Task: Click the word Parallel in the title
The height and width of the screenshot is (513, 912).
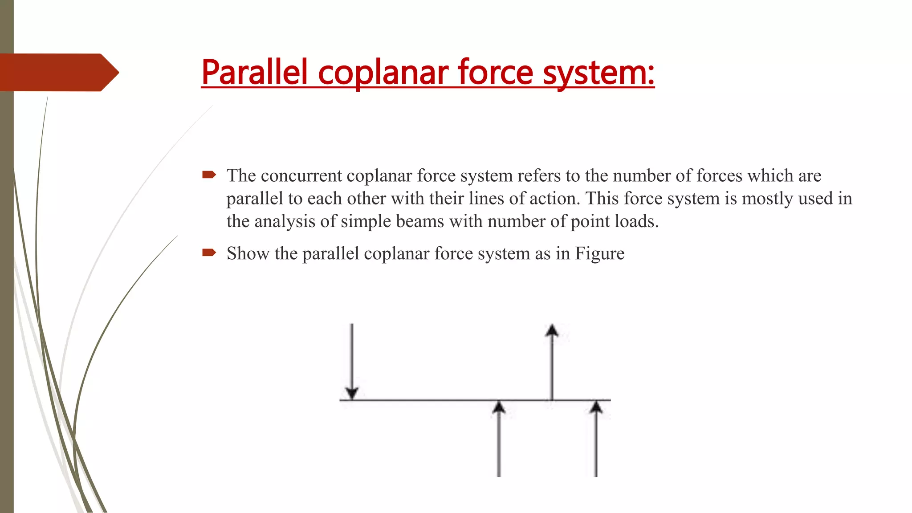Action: tap(254, 72)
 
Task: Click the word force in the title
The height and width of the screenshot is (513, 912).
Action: tap(495, 72)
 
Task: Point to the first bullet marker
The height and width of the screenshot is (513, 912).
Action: tap(209, 175)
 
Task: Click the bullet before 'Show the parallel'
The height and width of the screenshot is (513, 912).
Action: tap(209, 253)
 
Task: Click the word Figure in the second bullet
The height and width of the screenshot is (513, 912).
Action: tap(599, 254)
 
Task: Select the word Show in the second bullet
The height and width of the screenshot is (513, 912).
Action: tap(248, 253)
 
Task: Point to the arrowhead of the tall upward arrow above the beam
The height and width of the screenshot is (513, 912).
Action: tap(552, 330)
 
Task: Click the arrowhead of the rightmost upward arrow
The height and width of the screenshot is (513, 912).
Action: tap(596, 407)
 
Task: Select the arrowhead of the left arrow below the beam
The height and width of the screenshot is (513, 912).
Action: tap(499, 407)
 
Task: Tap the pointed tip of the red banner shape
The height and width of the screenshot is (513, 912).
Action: tap(117, 72)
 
